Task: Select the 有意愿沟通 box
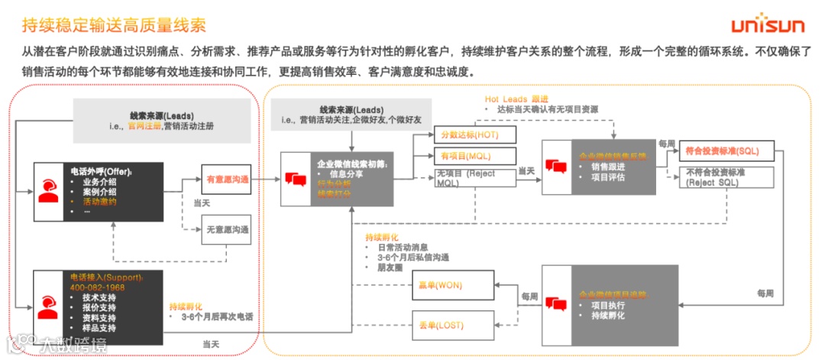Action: [x=226, y=180]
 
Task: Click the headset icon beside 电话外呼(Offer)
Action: [x=47, y=191]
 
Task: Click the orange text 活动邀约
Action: [x=100, y=201]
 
